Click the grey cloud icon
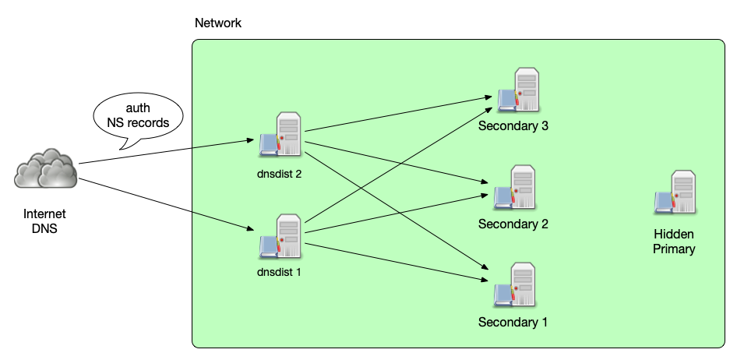point(46,168)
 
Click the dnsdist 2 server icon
point(281,135)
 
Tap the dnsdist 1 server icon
point(281,236)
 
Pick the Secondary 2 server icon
point(515,188)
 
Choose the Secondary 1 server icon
point(515,285)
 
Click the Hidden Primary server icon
point(675,193)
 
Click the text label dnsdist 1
point(279,273)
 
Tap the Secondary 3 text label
point(513,125)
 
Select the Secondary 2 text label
point(513,224)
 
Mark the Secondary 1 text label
point(513,322)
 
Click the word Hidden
point(674,235)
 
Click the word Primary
point(674,249)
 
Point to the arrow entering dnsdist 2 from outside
point(222,143)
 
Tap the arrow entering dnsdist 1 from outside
point(222,220)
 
